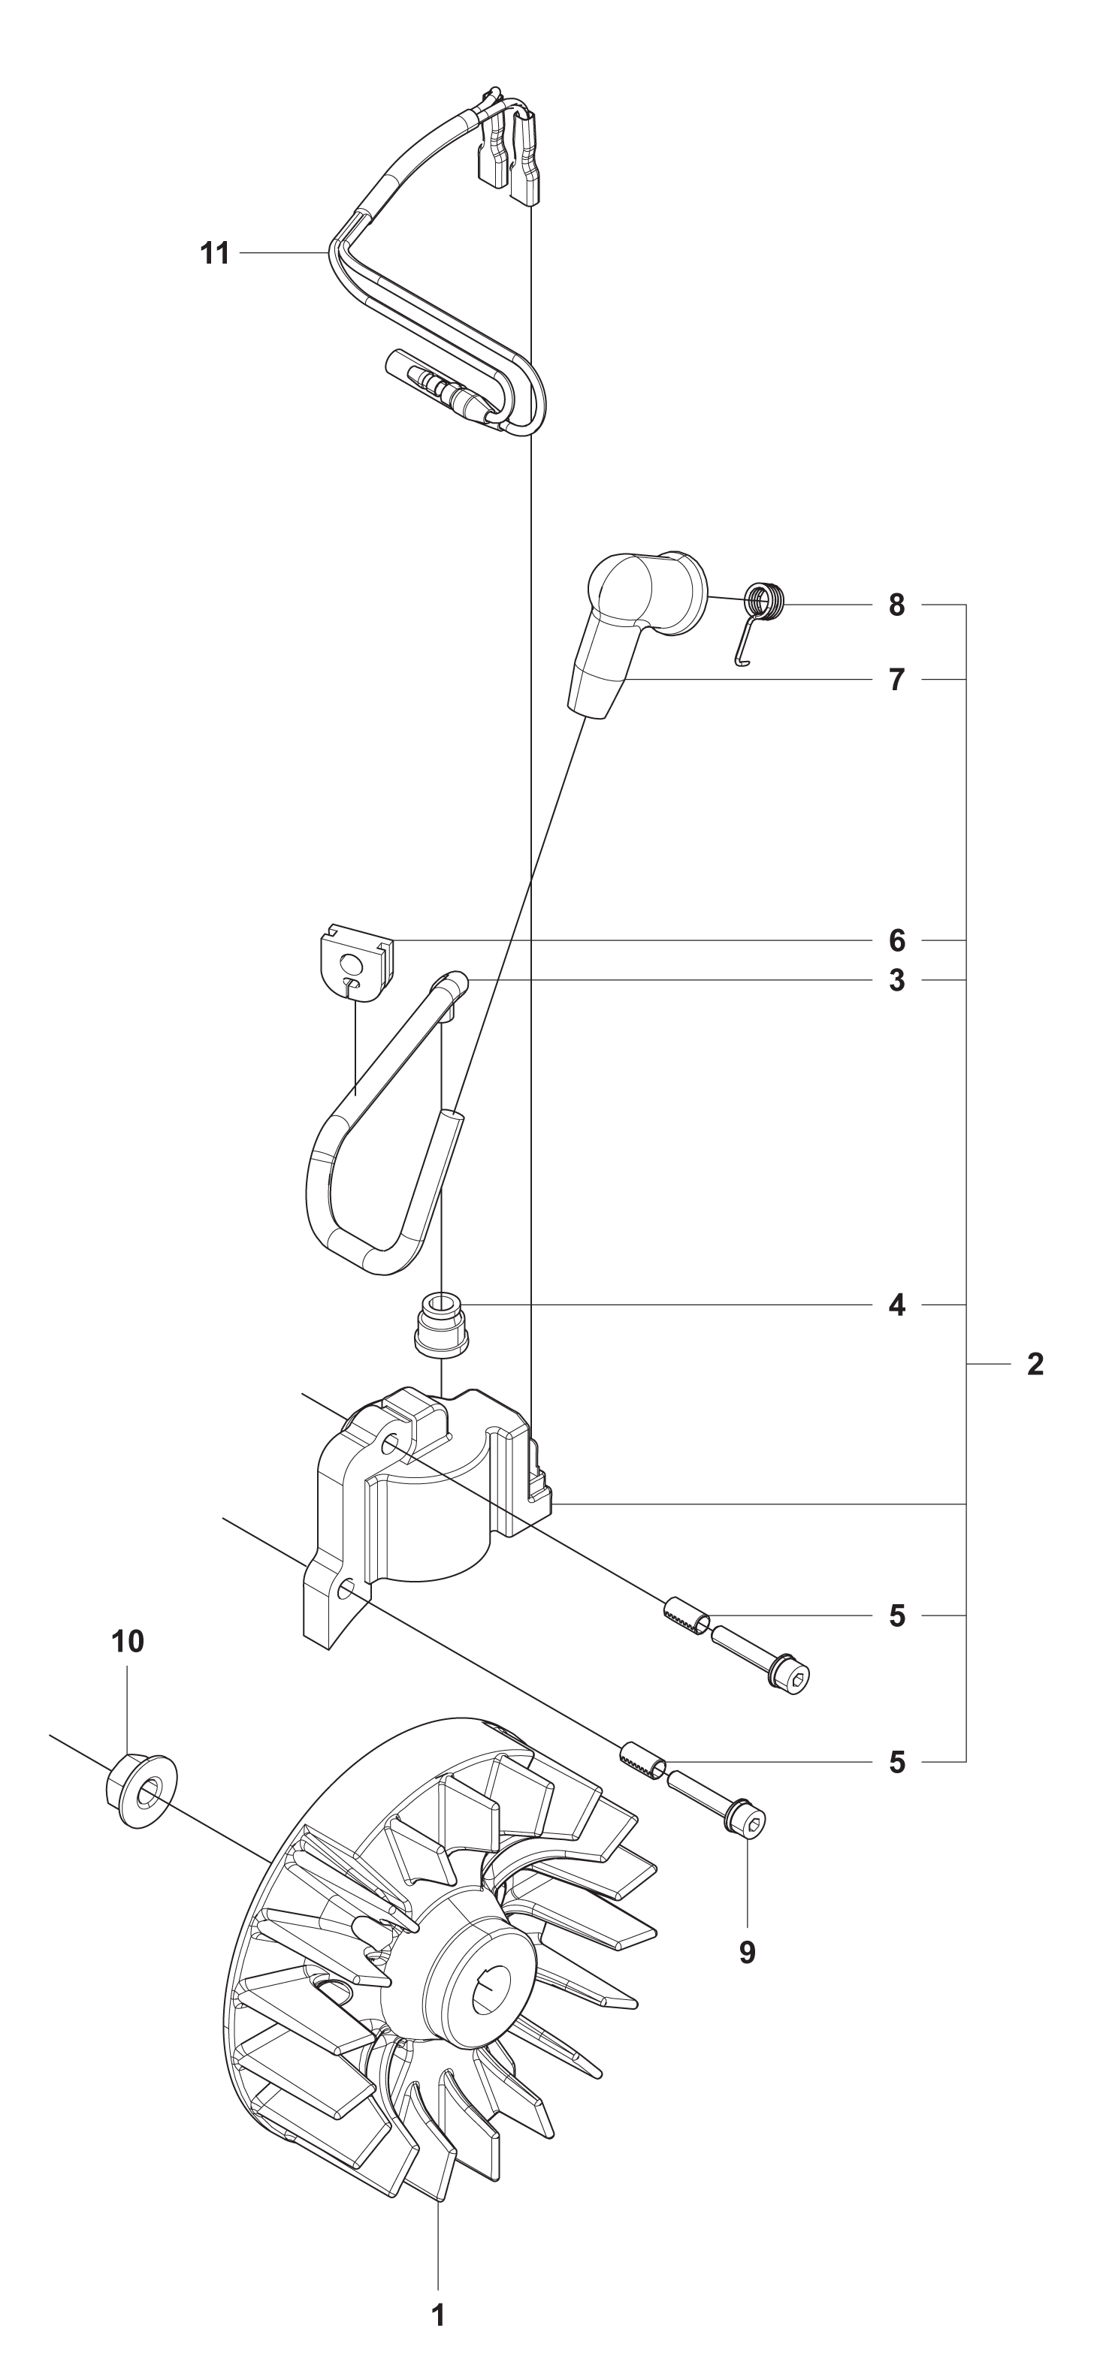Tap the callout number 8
point(896,605)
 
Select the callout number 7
point(896,680)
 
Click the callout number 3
point(896,980)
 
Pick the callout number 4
point(896,1305)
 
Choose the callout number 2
point(1035,1365)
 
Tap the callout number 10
point(128,1641)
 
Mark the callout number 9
point(747,1953)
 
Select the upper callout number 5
point(896,1615)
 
